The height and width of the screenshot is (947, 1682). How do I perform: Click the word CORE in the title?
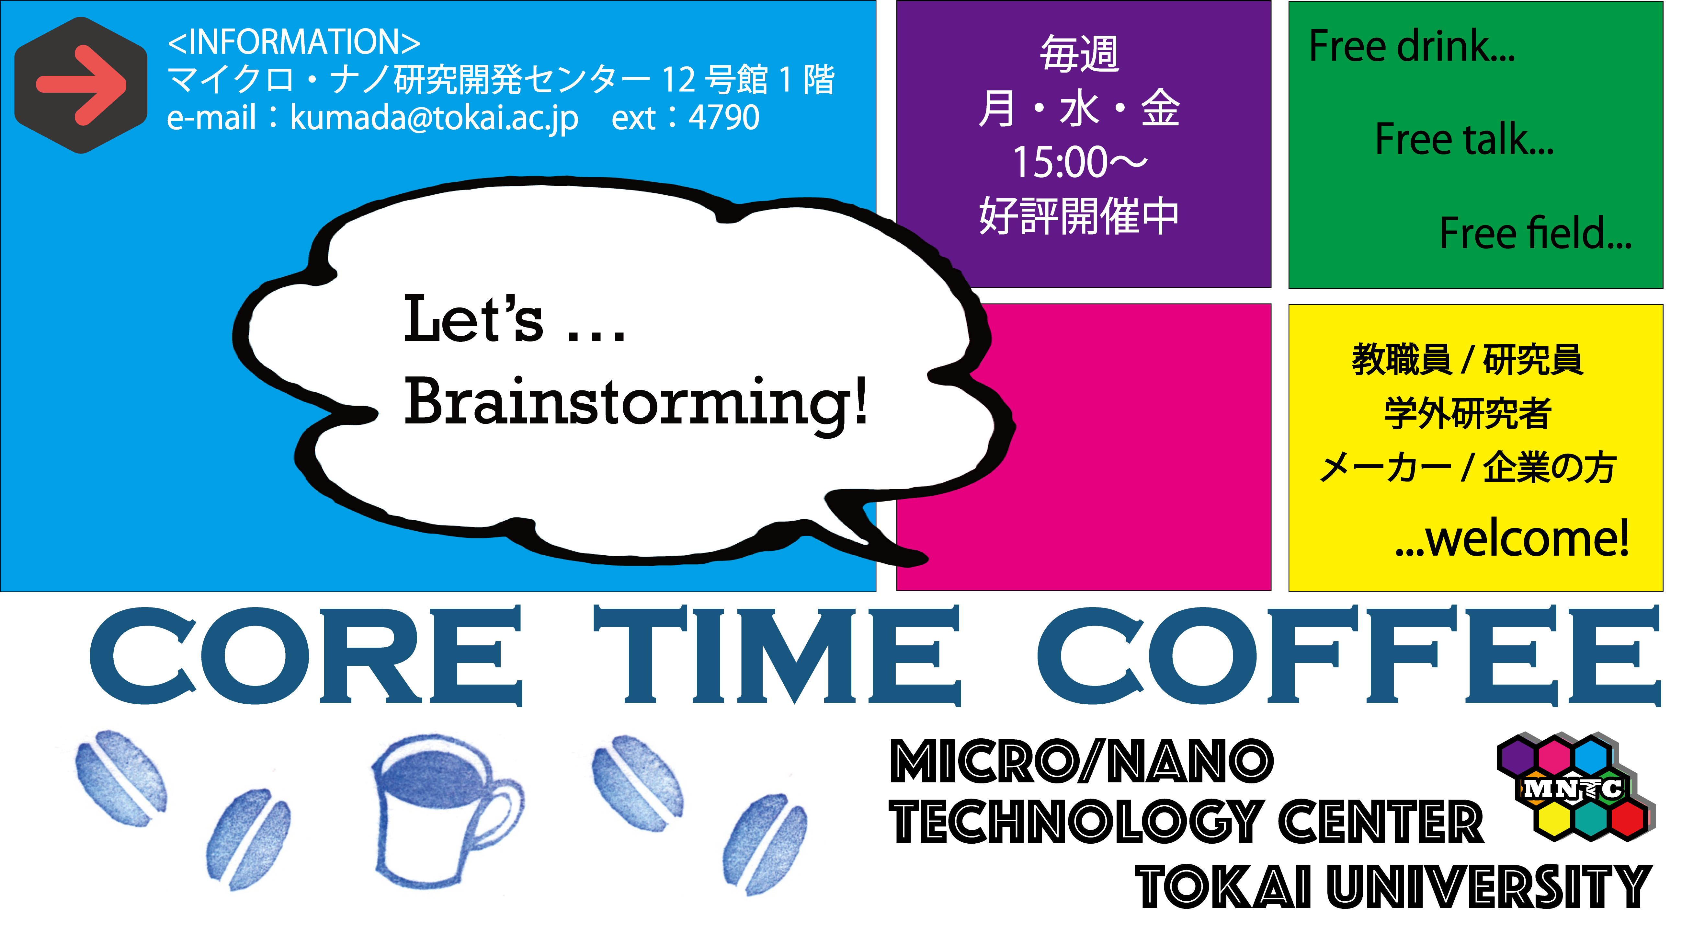306,656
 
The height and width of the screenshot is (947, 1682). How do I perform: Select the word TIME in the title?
777,656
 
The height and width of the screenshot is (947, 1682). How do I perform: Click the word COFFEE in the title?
1349,656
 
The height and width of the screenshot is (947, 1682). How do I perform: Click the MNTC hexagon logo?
1575,787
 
